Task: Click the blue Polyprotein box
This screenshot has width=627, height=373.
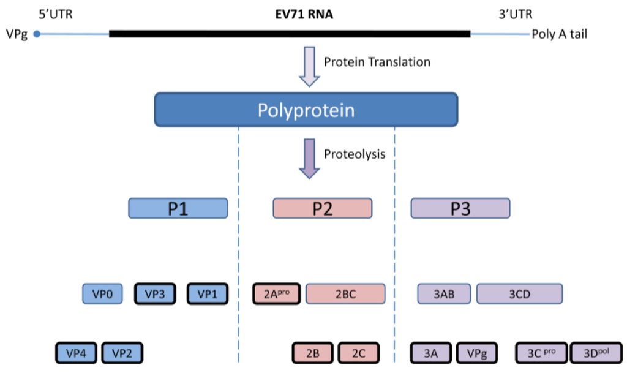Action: [x=306, y=110]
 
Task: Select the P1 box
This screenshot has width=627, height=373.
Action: [x=178, y=208]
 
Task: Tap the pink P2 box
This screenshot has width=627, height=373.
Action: [x=322, y=208]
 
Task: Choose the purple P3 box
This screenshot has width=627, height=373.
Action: [x=460, y=208]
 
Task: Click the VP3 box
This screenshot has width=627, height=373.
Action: [x=156, y=294]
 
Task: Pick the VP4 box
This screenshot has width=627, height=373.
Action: [x=77, y=353]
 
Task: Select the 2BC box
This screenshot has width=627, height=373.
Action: [x=345, y=294]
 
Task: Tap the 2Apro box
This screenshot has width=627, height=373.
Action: [x=276, y=294]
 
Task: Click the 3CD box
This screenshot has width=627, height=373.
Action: [x=519, y=294]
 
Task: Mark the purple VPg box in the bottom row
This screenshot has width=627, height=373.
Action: [x=477, y=353]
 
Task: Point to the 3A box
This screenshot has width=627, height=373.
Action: [x=431, y=353]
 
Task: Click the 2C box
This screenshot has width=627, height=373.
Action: [x=358, y=353]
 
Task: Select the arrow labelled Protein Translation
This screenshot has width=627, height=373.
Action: [x=309, y=67]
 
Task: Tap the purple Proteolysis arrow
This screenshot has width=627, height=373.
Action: [x=309, y=158]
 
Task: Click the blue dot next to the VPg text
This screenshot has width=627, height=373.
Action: [x=37, y=34]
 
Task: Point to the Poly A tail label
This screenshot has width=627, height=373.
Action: [x=559, y=34]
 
